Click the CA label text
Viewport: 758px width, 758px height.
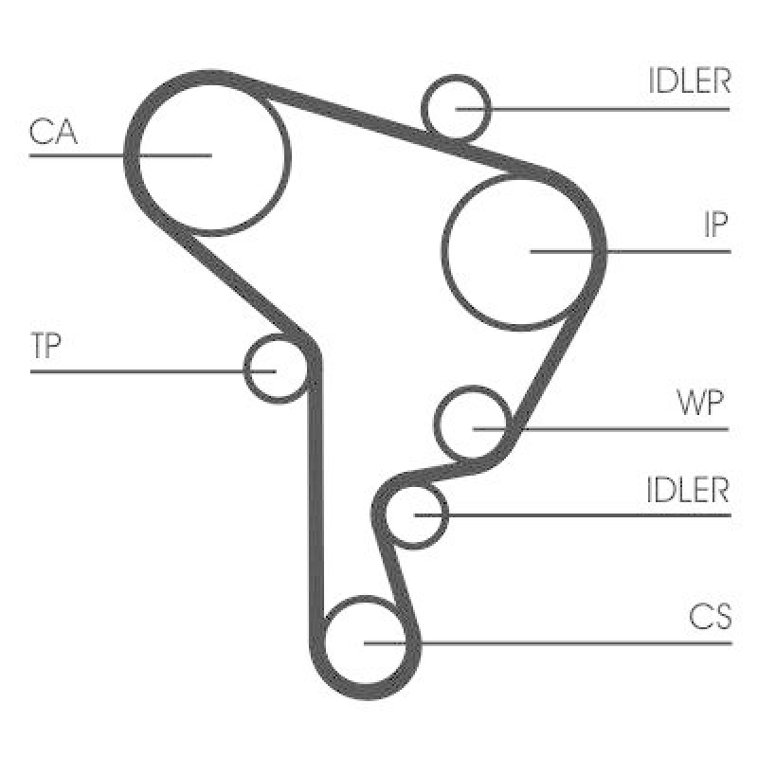tap(53, 132)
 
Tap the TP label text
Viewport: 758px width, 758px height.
tap(45, 345)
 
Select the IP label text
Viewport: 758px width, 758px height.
tap(715, 225)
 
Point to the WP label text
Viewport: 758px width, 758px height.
tap(700, 403)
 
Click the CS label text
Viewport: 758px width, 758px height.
tap(710, 617)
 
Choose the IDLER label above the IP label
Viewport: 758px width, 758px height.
tap(689, 81)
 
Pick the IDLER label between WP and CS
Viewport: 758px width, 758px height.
tap(687, 490)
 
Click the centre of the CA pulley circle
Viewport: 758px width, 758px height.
tap(211, 155)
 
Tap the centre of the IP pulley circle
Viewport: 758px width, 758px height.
tap(519, 252)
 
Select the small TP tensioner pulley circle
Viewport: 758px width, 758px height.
tap(276, 369)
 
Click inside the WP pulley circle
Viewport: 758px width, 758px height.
tap(473, 423)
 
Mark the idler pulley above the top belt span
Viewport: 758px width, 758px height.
tap(456, 108)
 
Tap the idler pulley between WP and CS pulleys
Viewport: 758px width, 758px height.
tap(415, 515)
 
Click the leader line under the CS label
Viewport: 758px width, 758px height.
tap(549, 643)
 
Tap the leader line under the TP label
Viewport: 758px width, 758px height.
tap(153, 371)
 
